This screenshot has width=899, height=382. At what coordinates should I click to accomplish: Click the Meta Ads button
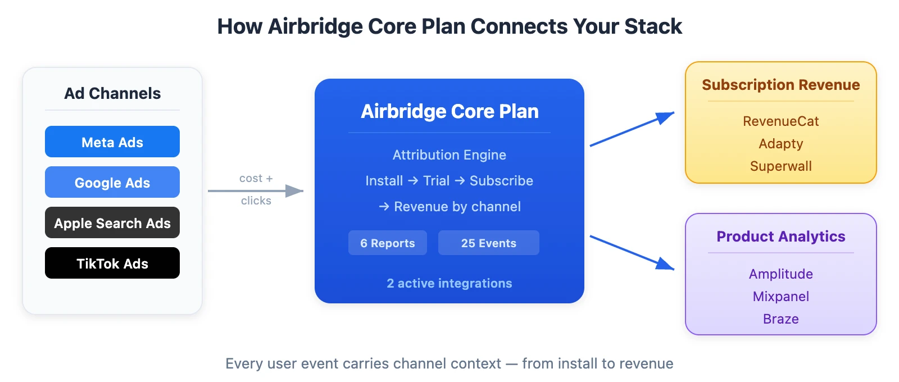112,142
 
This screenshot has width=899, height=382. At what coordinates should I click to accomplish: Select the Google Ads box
112,183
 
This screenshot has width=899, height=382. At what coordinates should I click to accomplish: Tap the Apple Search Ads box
112,223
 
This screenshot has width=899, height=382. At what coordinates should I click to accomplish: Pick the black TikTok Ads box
112,263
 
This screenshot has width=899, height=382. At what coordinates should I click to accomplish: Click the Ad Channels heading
112,93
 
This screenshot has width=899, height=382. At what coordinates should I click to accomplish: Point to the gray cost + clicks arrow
256,191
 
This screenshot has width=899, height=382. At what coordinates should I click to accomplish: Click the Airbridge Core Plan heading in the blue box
449,111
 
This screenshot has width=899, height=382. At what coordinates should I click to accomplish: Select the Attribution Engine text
449,155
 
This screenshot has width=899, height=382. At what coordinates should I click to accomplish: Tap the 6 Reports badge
388,243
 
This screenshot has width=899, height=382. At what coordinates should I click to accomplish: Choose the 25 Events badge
489,243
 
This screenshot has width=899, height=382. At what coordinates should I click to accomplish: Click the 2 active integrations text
449,283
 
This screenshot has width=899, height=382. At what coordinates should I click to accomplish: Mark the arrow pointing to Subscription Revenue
632,129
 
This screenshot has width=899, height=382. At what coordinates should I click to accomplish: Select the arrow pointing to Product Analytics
632,253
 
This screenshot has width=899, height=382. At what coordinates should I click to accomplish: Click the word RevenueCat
781,121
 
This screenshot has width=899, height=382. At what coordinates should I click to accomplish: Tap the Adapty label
781,144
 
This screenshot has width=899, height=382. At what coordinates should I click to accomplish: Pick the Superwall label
781,166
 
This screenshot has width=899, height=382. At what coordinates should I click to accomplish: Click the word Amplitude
781,274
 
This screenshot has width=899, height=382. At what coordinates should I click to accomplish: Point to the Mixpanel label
781,297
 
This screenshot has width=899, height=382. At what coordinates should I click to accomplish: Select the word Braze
781,319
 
